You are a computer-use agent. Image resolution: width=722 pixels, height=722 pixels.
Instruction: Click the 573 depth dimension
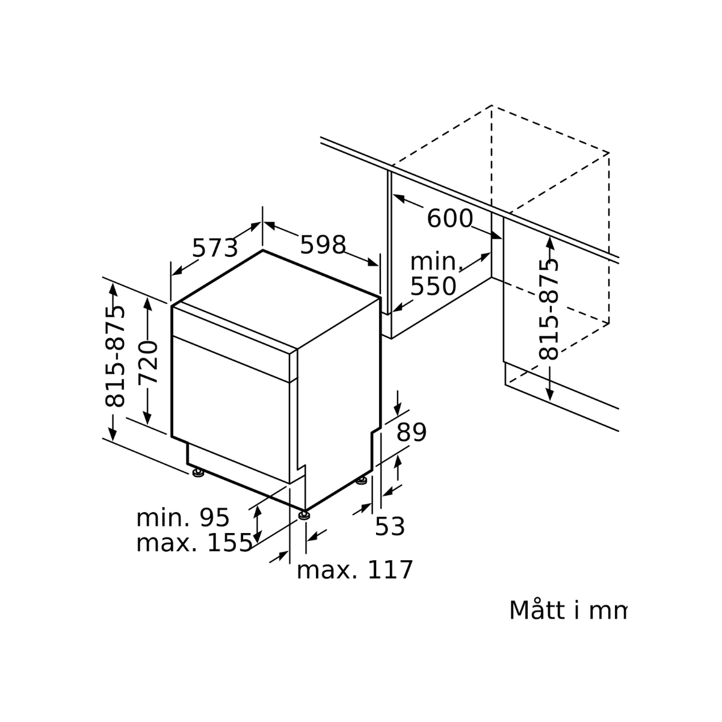click(x=215, y=247)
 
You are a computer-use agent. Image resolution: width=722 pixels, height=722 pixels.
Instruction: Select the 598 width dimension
click(x=323, y=244)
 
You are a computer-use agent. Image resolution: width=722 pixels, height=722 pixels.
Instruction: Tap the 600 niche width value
click(x=449, y=218)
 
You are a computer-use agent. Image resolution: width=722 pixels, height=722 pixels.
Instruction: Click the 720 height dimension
click(x=148, y=362)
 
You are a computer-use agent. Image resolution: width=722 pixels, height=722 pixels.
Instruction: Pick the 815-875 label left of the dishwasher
click(x=115, y=356)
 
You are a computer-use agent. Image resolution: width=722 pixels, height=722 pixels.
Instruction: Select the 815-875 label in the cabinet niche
click(x=549, y=309)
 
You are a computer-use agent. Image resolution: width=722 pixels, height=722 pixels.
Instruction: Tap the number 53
click(x=389, y=526)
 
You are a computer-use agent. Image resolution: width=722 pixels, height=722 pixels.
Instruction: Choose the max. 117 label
click(x=354, y=570)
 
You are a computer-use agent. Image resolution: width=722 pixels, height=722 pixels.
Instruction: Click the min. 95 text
click(x=183, y=518)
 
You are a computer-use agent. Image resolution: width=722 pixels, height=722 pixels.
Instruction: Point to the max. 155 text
click(x=194, y=543)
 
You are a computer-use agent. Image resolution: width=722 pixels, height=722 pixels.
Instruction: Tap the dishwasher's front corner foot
click(x=305, y=514)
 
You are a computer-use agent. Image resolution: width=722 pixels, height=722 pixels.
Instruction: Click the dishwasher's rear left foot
click(x=197, y=473)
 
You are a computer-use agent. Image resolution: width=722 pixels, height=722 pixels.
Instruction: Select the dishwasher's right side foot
click(x=362, y=480)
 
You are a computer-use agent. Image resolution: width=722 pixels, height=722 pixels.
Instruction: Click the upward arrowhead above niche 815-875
click(x=550, y=242)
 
